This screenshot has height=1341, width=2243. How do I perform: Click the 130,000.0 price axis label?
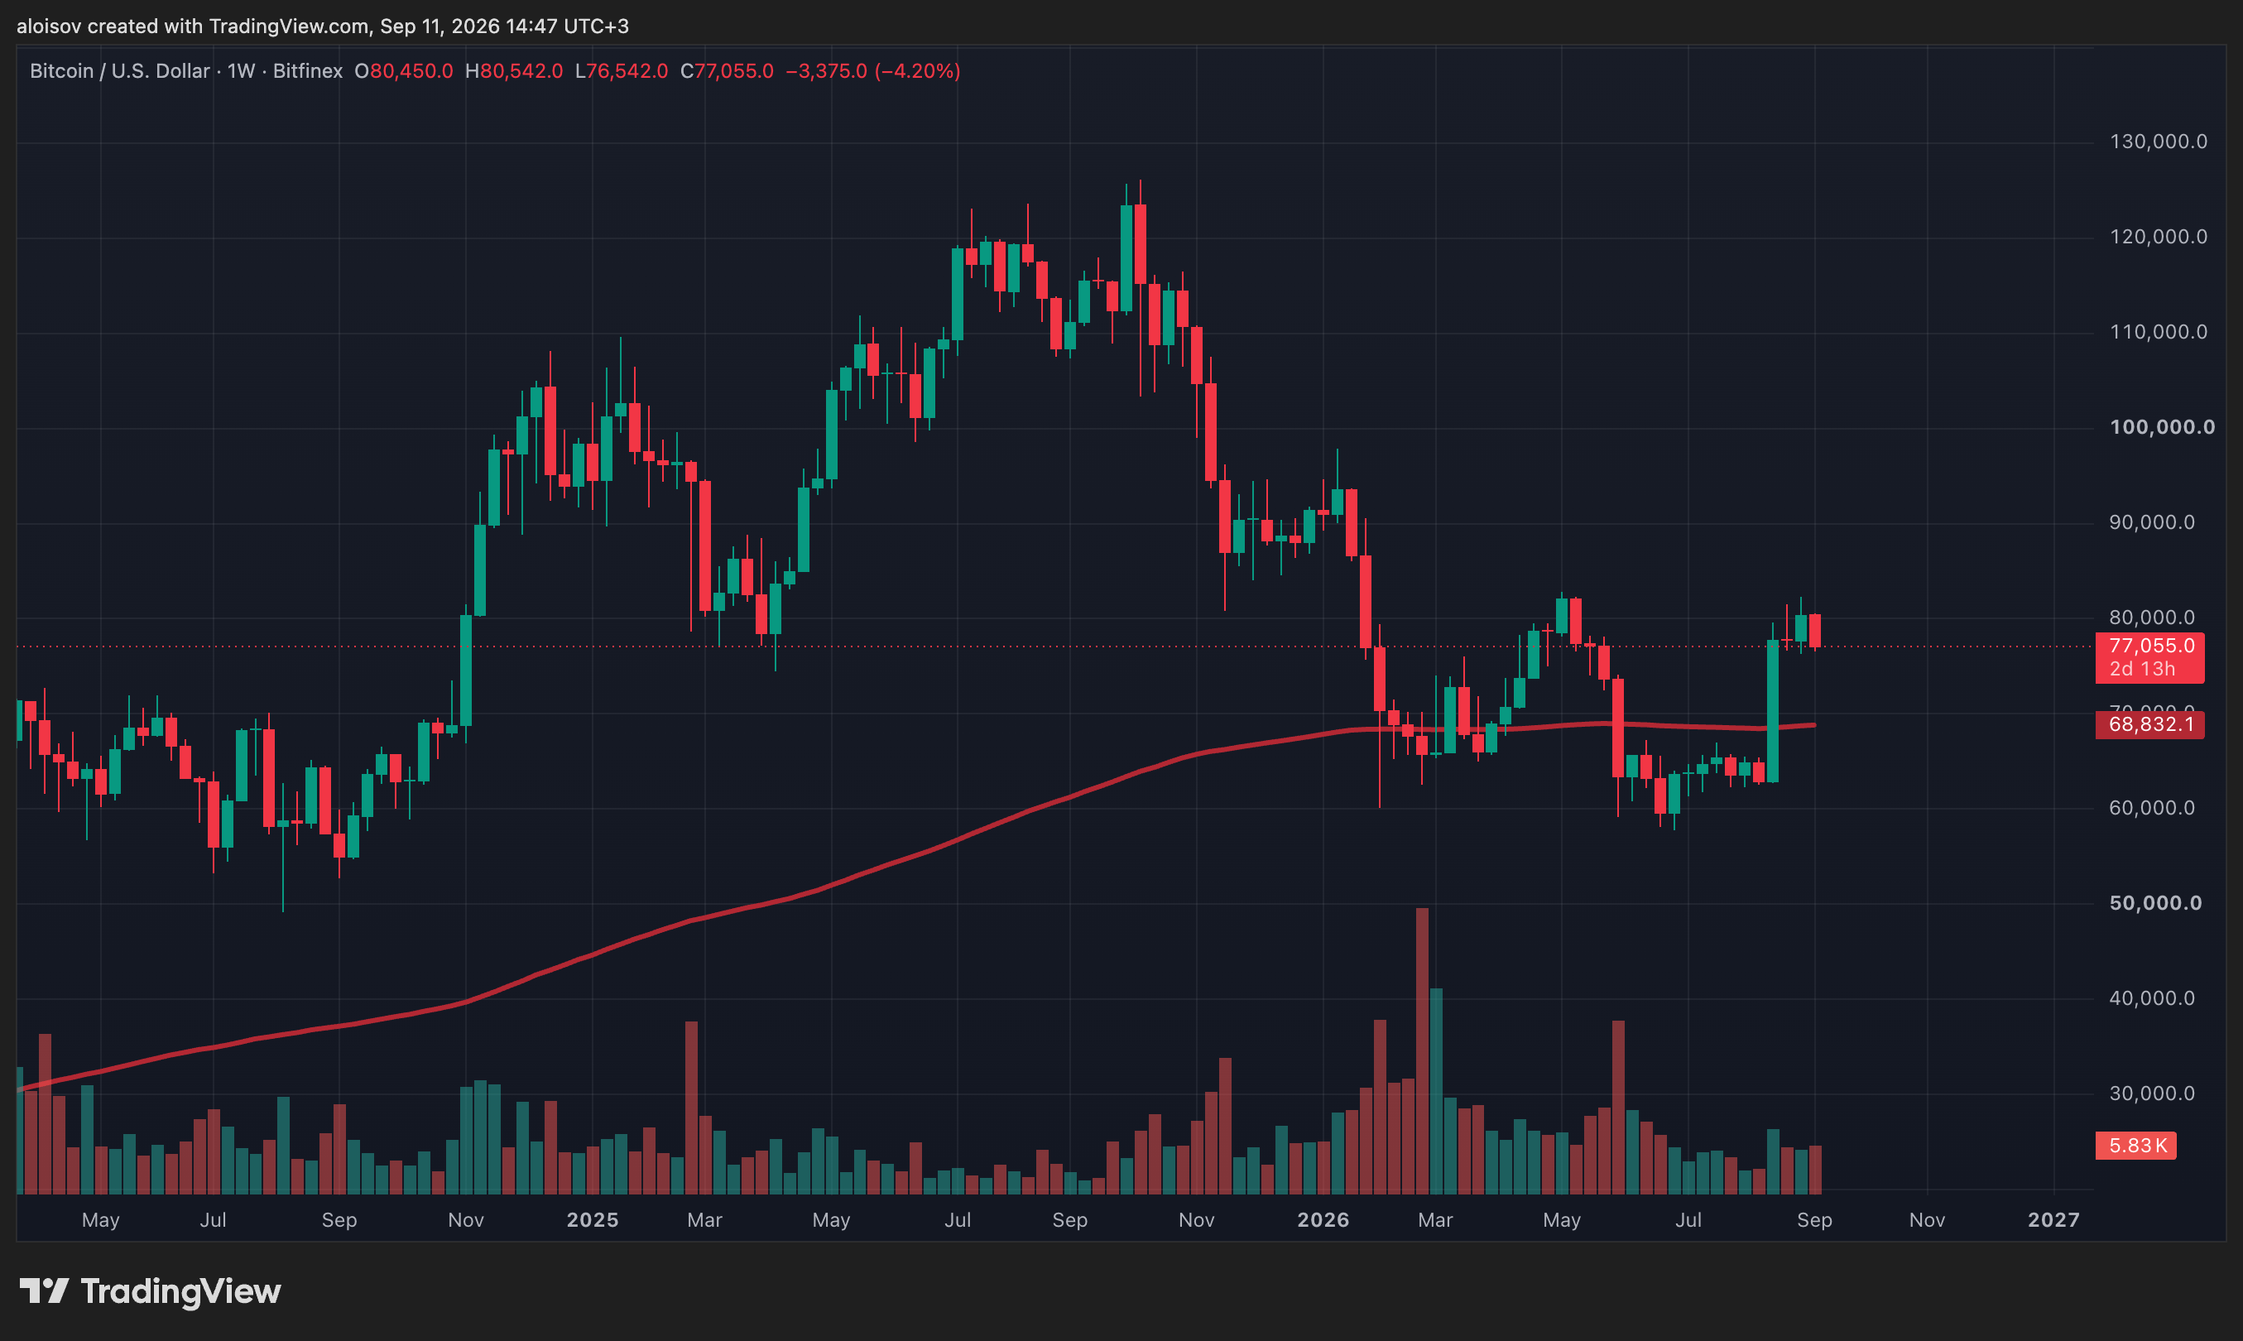(x=2158, y=142)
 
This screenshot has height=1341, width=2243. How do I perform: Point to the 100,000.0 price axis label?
(x=2162, y=427)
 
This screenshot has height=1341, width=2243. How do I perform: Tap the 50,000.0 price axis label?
(x=2155, y=903)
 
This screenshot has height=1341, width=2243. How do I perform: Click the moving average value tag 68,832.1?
(x=2150, y=723)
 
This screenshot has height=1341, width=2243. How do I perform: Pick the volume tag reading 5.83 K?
(x=2136, y=1146)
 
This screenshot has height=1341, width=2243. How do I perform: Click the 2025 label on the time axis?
(x=593, y=1220)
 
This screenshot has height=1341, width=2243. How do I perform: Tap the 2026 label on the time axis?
(x=1323, y=1220)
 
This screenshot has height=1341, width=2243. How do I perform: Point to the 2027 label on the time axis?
(x=2053, y=1220)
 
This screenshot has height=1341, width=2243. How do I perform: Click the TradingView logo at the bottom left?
(x=150, y=1291)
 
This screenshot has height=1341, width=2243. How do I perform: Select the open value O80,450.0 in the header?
(x=404, y=71)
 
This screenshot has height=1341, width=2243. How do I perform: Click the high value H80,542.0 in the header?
(x=514, y=71)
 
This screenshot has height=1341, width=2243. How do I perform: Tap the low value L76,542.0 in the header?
(x=622, y=71)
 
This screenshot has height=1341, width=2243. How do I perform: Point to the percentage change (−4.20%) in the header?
(x=917, y=71)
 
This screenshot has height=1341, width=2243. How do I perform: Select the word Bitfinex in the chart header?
(x=308, y=71)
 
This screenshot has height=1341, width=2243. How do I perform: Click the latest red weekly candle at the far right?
(x=1815, y=631)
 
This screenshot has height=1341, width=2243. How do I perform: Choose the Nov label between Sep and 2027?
(x=1927, y=1220)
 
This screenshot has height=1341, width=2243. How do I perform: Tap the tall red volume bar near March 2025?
(x=692, y=1108)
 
